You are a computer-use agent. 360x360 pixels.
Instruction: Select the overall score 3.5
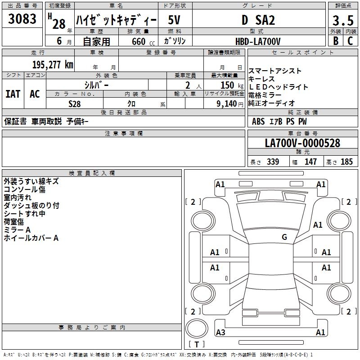342,21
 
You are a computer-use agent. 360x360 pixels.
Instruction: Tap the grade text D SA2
258,20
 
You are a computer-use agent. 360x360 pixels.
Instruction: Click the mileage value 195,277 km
53,64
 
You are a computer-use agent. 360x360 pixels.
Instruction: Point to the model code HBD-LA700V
258,41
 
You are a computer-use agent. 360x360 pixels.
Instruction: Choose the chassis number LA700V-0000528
302,143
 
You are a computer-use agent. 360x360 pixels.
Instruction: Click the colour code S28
75,103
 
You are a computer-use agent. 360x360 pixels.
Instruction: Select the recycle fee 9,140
223,103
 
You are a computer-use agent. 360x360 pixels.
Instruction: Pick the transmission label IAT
13,94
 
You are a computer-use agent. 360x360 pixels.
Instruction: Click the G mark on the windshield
284,237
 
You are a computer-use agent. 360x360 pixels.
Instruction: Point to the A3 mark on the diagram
220,333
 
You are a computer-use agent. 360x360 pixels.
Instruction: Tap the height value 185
346,162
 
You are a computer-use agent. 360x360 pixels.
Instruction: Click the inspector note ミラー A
17,229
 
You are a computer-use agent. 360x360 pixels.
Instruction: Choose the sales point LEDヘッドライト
278,87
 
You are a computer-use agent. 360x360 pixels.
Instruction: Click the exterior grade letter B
335,41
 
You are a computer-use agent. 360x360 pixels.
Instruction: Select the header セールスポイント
303,53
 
